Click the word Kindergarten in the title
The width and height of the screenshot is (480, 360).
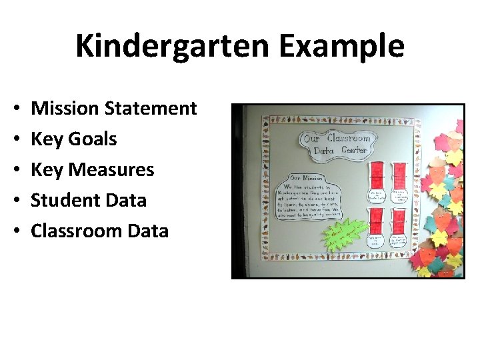tap(172, 47)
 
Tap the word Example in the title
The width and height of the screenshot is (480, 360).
tap(339, 47)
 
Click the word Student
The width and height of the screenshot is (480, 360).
tap(65, 200)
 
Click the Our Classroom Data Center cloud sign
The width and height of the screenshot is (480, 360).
tap(337, 144)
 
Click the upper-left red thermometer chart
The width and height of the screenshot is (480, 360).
tap(378, 175)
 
